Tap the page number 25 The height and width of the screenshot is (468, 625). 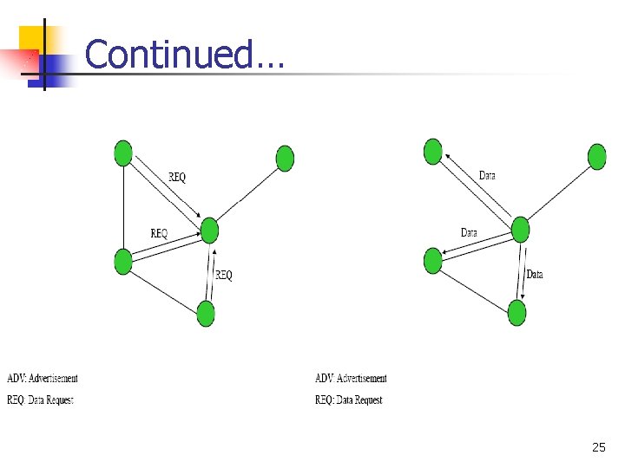point(598,447)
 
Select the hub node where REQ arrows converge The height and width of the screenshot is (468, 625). point(209,231)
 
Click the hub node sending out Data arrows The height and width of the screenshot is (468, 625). point(520,230)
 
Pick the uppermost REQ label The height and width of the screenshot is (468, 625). point(177,178)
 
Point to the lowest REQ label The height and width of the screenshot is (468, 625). point(224,276)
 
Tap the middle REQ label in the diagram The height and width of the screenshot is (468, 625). point(159,233)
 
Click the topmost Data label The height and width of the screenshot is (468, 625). point(488,176)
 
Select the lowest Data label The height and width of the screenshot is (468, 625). point(535,275)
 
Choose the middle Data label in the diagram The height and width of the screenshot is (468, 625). point(469,232)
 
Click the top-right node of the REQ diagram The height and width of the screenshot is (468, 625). point(285,159)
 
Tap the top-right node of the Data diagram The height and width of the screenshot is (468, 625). point(596,157)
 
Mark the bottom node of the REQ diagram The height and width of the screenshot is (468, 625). point(206,313)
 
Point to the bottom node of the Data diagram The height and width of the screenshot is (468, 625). point(516,312)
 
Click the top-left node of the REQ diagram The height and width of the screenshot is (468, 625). point(123,153)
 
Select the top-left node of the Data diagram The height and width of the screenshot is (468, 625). point(433,152)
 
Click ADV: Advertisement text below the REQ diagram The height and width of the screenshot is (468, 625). point(43,378)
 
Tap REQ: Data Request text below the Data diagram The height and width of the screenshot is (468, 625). point(349,400)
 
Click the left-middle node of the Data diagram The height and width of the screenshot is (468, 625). point(433,260)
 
